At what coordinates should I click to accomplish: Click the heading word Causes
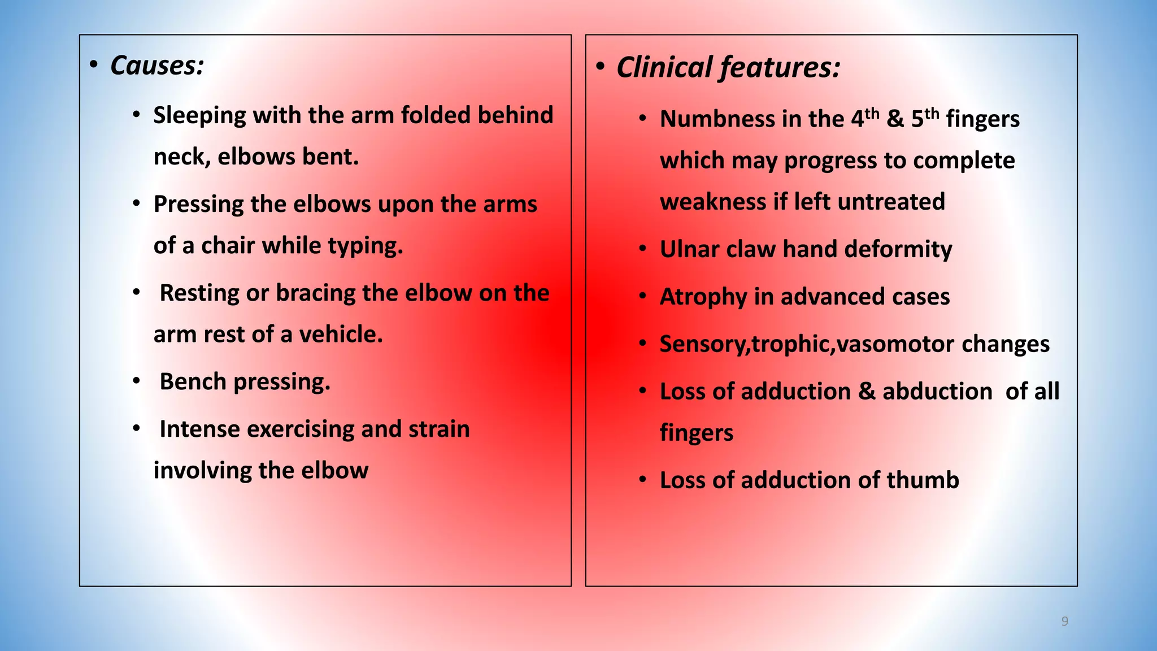pyautogui.click(x=156, y=66)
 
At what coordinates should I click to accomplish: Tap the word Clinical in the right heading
pyautogui.click(x=664, y=68)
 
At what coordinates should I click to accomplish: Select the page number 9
pyautogui.click(x=1064, y=622)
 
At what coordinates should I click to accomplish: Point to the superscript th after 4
pyautogui.click(x=872, y=113)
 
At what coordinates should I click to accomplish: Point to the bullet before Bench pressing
pyautogui.click(x=136, y=381)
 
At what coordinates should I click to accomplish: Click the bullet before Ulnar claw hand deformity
pyautogui.click(x=642, y=249)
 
